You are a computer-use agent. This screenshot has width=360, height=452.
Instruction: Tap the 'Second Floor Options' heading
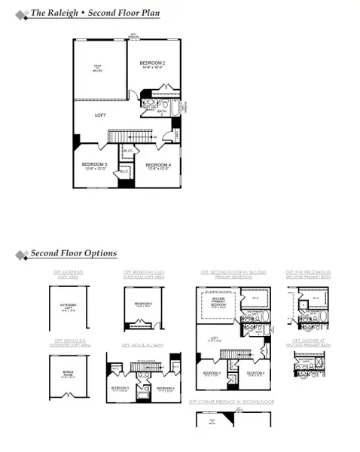click(73, 253)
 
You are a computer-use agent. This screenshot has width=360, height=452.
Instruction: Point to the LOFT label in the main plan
click(100, 115)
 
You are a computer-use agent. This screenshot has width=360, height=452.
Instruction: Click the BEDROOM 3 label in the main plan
click(96, 164)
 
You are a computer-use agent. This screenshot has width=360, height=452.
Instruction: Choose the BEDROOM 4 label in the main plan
click(158, 165)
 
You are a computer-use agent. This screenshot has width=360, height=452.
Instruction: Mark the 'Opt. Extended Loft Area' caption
click(69, 276)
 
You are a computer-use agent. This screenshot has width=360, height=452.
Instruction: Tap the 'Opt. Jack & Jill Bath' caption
click(142, 345)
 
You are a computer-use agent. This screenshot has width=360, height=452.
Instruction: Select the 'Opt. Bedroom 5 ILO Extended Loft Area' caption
click(143, 276)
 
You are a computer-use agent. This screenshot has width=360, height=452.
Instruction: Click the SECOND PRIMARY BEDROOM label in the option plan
click(218, 304)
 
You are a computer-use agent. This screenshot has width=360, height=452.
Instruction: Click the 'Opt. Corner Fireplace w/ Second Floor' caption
click(231, 402)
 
